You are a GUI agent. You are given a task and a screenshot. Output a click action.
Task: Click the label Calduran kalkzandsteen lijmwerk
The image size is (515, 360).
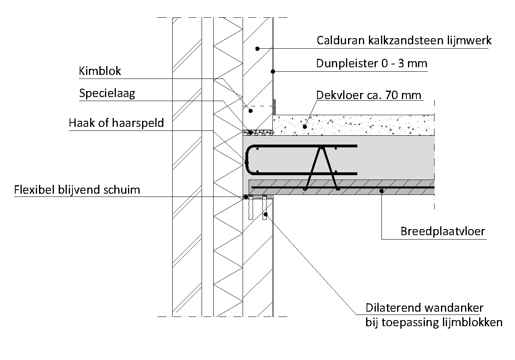click(404, 41)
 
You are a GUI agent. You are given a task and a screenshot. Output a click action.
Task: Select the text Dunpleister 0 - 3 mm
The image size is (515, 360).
click(371, 63)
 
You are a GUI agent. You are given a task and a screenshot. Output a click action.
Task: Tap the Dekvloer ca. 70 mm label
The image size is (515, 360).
click(369, 95)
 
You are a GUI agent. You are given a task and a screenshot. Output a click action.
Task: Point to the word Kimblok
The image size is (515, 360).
click(100, 71)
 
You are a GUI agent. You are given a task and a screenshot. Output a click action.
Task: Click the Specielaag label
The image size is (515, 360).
click(107, 94)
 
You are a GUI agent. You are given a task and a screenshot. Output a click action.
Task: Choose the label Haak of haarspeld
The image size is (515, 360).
click(116, 123)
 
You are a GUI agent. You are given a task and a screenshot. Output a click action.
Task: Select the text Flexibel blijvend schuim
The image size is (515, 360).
click(77, 190)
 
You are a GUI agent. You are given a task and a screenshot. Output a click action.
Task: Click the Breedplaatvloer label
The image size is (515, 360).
click(443, 231)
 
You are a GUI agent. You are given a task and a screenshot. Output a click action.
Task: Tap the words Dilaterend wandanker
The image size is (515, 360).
click(424, 308)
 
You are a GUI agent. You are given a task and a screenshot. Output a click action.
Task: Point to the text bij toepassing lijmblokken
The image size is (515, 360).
click(434, 322)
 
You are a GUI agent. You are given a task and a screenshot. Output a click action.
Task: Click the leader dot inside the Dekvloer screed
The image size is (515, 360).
click(305, 126)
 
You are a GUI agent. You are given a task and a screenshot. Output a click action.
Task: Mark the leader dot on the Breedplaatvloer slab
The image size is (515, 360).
click(381, 191)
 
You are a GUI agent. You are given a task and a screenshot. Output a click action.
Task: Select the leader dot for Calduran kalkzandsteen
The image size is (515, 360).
click(257, 49)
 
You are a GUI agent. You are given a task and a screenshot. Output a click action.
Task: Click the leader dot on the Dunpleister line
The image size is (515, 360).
click(273, 72)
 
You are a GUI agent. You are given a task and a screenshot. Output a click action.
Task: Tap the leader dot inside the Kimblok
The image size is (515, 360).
click(251, 111)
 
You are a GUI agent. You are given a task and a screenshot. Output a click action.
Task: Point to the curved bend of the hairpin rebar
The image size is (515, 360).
click(247, 160)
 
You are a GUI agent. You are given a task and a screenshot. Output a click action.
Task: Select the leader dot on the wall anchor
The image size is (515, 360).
click(266, 214)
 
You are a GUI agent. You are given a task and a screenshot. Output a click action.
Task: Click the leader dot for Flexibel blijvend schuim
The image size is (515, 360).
click(246, 197)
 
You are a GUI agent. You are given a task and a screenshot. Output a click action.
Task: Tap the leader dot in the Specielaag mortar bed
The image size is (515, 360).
click(250, 132)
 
